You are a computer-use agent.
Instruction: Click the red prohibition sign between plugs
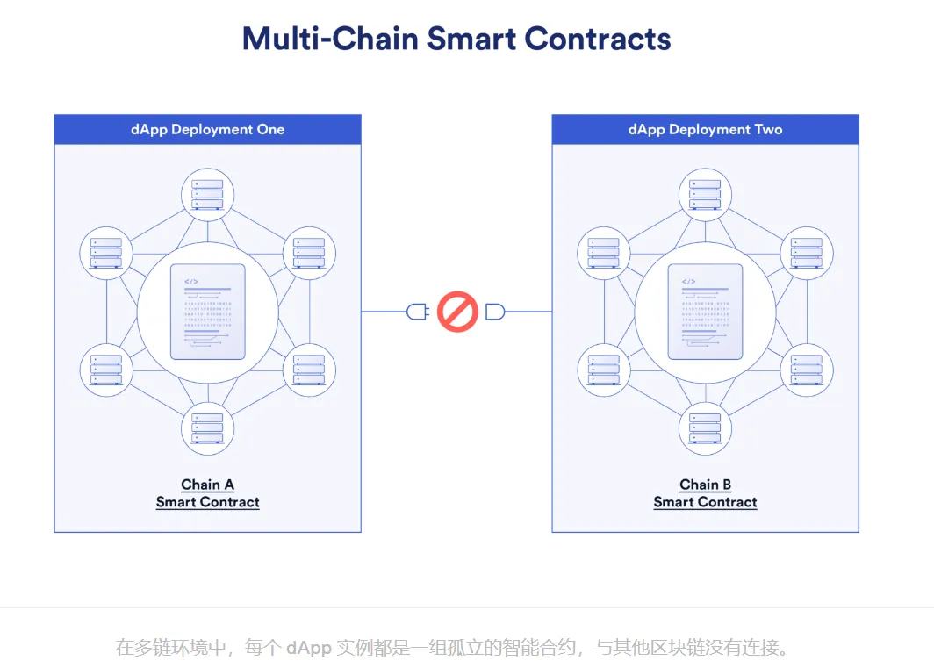pos(456,311)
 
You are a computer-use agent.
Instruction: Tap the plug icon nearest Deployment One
pos(417,311)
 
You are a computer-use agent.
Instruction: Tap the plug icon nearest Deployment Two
pos(495,311)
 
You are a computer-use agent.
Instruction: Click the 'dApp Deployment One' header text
pos(207,129)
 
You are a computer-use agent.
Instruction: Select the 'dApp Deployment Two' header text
pos(705,129)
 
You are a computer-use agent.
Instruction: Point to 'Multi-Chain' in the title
pos(329,40)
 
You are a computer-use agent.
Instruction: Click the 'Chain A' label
pos(207,485)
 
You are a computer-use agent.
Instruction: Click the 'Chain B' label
pos(705,485)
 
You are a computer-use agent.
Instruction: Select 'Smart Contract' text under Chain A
pos(207,502)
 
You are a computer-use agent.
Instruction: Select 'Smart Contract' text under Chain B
pos(705,502)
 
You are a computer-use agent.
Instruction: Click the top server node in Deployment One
pos(207,194)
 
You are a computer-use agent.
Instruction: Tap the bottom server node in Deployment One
pos(207,427)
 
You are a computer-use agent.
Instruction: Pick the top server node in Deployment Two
pos(705,194)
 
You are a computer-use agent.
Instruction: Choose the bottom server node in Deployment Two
pos(705,427)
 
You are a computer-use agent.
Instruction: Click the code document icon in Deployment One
pos(207,312)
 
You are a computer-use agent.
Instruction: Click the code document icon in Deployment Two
pos(705,312)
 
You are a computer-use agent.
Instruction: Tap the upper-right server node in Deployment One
pos(309,252)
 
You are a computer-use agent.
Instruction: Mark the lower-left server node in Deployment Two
pos(603,370)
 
